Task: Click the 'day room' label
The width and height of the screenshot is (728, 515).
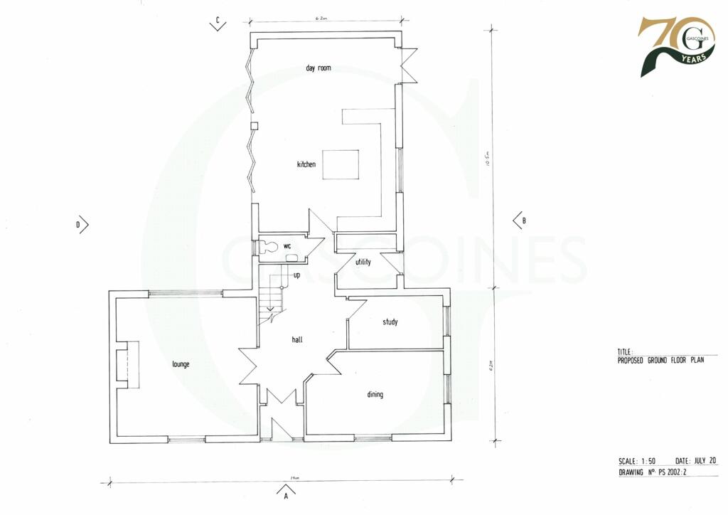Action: [x=318, y=68]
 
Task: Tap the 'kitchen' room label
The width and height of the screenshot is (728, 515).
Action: [x=306, y=165]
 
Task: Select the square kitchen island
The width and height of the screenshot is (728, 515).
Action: [x=341, y=165]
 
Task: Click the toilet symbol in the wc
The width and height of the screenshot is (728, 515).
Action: [x=269, y=246]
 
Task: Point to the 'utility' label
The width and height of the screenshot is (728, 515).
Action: [x=363, y=262]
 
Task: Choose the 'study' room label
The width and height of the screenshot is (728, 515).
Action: [x=390, y=322]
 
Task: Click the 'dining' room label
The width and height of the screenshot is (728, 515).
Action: [x=375, y=395]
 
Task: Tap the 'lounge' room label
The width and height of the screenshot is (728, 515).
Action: [x=181, y=364]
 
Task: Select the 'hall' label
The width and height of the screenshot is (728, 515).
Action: [x=297, y=340]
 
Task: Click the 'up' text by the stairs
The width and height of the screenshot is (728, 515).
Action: [x=296, y=275]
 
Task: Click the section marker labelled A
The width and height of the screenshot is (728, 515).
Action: [x=285, y=492]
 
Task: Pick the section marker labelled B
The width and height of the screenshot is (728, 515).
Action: [x=520, y=221]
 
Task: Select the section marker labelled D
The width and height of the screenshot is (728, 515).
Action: [x=82, y=225]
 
